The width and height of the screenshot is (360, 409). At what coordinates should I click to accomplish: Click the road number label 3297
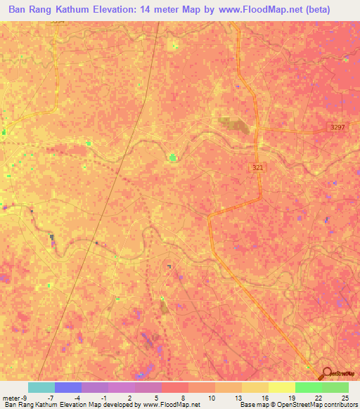[x=338, y=127]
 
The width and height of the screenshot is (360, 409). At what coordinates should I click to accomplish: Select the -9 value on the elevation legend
[x=25, y=397]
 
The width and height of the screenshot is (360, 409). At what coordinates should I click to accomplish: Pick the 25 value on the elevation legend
[x=345, y=397]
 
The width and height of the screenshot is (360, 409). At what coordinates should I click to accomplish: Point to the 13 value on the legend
[x=229, y=397]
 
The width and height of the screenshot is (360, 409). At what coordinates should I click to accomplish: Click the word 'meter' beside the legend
[x=11, y=397]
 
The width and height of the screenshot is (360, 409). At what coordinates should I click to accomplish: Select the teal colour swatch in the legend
[x=41, y=387]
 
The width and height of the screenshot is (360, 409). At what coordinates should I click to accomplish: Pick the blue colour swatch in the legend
[x=68, y=387]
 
